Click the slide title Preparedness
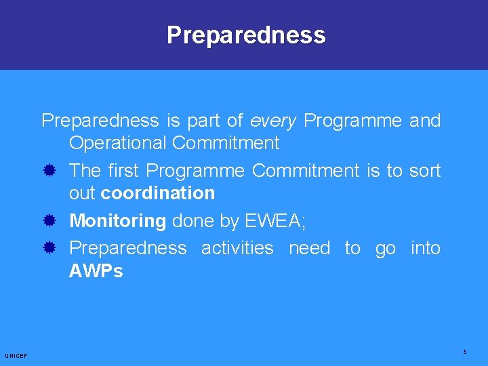point(246,35)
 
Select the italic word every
point(273,121)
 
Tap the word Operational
point(118,143)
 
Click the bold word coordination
point(157,193)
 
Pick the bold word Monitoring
point(117,221)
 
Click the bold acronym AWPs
point(96,271)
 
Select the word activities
point(237,248)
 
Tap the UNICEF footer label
point(16,356)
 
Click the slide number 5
point(465,352)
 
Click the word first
point(123,171)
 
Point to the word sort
point(425,171)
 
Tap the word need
point(309,248)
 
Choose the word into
point(426,248)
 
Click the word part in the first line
point(204,121)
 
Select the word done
point(192,221)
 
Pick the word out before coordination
point(82,193)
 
